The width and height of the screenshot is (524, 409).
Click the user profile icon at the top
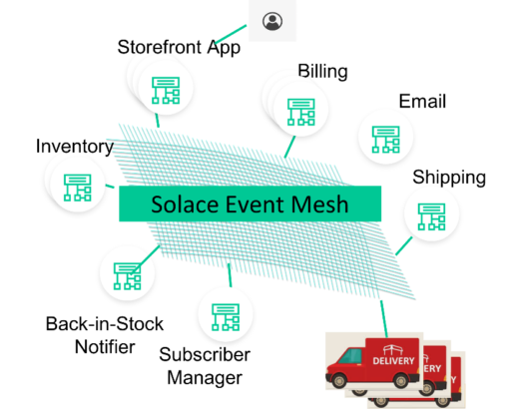coord(272,20)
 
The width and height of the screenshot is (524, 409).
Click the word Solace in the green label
coord(183,204)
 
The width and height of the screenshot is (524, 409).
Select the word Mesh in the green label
coord(318,204)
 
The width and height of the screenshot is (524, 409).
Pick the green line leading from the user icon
coord(231,35)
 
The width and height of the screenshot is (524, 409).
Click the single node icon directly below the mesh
coord(225,315)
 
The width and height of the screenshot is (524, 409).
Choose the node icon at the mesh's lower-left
coord(127,273)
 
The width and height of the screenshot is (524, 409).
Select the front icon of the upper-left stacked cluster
coord(166,89)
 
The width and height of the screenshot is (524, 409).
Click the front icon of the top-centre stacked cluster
coord(300,109)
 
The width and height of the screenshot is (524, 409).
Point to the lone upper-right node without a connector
coord(385,137)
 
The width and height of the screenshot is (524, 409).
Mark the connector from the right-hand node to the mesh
coord(403,245)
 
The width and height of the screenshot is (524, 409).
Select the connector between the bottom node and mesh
coord(229,273)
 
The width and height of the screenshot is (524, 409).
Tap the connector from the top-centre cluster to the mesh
coord(289,148)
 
